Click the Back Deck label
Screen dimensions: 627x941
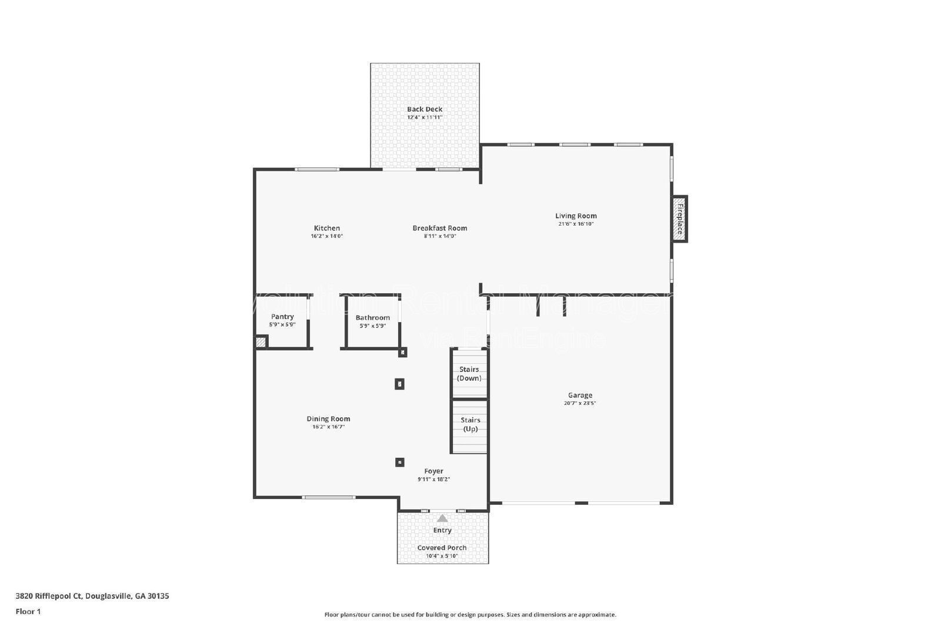coord(425,109)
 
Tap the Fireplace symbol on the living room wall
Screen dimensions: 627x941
coord(679,219)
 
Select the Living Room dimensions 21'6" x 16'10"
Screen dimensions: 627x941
coord(576,224)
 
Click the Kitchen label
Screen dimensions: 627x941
coord(326,228)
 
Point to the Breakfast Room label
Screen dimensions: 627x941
coord(439,228)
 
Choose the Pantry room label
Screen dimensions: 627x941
coord(282,317)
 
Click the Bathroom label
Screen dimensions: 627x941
coord(372,318)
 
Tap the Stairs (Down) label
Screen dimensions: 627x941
coord(469,374)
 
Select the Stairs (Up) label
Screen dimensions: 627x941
coord(470,424)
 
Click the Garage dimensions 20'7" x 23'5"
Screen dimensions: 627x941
coord(580,404)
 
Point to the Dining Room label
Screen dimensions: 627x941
coord(328,419)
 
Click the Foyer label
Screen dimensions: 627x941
coord(433,471)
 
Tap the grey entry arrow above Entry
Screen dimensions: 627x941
coord(442,518)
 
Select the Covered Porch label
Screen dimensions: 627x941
coord(442,548)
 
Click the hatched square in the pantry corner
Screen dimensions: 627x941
coord(261,341)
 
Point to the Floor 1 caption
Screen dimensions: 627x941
coord(28,612)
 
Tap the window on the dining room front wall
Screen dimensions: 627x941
coord(328,498)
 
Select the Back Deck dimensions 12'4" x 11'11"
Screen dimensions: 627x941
coord(425,118)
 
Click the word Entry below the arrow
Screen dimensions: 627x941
coord(442,530)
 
